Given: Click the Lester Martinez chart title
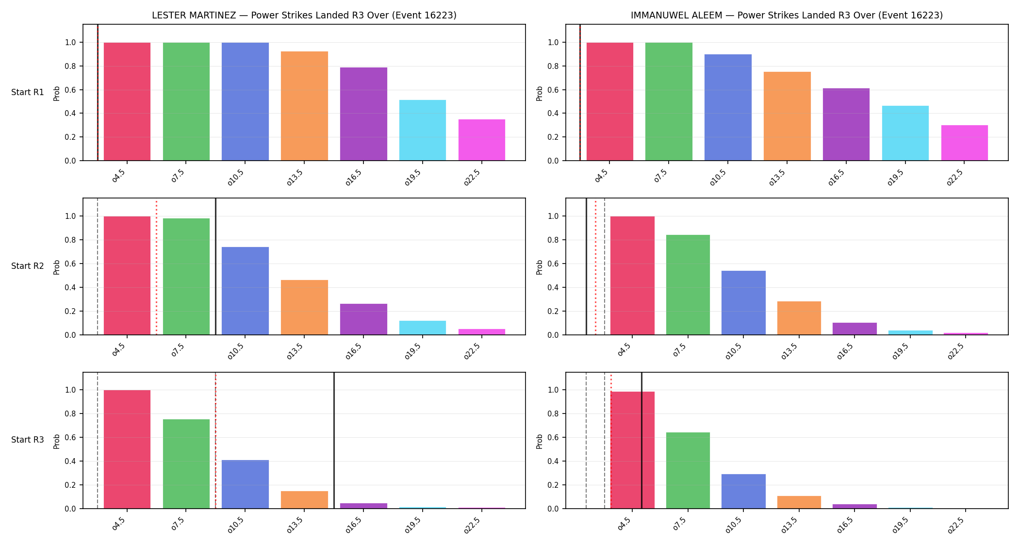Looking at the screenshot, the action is click(304, 15).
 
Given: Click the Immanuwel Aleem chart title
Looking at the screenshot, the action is click(787, 15).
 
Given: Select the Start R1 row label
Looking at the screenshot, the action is click(28, 92).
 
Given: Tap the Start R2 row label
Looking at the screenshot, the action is click(28, 266).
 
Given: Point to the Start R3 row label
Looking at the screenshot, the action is click(28, 440).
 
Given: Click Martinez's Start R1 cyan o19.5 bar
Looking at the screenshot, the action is click(423, 130).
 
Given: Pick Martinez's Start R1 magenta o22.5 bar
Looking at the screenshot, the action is click(482, 140).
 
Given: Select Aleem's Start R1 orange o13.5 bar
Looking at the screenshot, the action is click(787, 116).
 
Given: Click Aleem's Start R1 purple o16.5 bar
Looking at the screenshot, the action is click(846, 124).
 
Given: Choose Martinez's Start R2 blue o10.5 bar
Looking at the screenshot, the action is click(245, 291).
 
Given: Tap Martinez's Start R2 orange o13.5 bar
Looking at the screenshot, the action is click(304, 307).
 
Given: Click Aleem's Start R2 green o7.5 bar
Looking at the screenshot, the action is click(688, 285).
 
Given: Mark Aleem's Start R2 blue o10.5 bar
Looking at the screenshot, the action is click(743, 303).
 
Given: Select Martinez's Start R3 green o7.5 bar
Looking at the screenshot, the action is click(186, 464).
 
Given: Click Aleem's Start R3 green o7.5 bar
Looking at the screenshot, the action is click(688, 470).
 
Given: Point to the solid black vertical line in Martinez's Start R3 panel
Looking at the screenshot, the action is click(334, 440).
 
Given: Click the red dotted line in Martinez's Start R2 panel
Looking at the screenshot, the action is click(156, 266).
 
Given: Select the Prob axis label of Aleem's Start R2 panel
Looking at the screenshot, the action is click(540, 267).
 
